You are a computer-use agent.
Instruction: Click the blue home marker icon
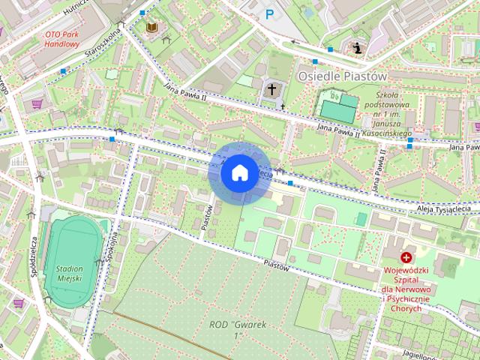coord(238,172)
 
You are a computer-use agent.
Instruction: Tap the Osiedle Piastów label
coord(341,76)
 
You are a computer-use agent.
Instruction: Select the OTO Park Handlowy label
coord(61,39)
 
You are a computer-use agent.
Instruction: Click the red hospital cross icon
coord(406,257)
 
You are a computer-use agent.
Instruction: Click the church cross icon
coord(271,89)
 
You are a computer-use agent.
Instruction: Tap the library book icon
coord(152,28)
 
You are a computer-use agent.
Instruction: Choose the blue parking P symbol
coord(269,13)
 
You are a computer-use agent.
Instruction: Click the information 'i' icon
coord(358,49)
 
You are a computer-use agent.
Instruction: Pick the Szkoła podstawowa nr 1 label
coord(388,112)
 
